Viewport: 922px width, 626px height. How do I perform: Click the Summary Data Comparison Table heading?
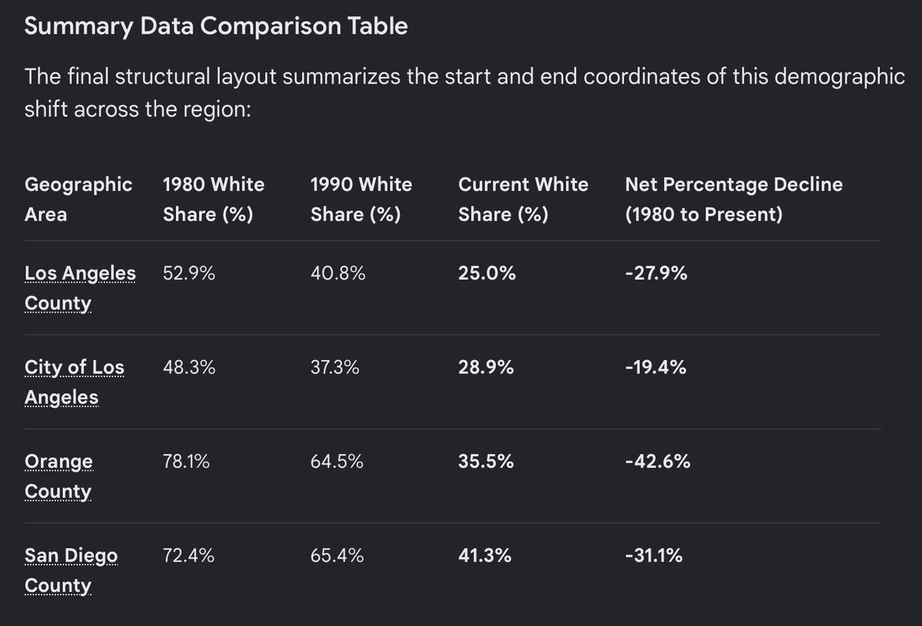coord(216,26)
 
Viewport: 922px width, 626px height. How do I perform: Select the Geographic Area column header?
coord(78,199)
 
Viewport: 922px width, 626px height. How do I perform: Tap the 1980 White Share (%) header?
coord(214,199)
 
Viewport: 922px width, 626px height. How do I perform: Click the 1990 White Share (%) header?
coord(361,199)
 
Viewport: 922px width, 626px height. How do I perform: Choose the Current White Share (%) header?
coord(523,199)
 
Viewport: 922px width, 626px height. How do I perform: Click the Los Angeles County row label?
coord(80,288)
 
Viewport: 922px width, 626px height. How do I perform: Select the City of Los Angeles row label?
coord(74,382)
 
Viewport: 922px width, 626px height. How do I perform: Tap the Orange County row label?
coord(58,476)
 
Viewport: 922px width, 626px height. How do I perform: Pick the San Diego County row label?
coord(71,571)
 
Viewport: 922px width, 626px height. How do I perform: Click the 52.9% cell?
coord(188,273)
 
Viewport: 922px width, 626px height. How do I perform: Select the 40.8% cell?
coord(337,273)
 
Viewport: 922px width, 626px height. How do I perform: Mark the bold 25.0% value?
coord(486,273)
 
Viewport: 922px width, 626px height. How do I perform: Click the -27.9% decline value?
coord(656,273)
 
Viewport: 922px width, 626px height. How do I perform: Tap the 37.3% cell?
coord(335,367)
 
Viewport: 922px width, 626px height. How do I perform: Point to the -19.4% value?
coord(655,367)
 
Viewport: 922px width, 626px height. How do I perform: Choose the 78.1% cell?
coord(186,462)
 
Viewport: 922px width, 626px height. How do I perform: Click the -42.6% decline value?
coord(658,462)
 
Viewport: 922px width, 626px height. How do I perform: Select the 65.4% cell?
coord(337,555)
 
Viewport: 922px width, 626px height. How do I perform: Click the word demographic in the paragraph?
coord(839,78)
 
